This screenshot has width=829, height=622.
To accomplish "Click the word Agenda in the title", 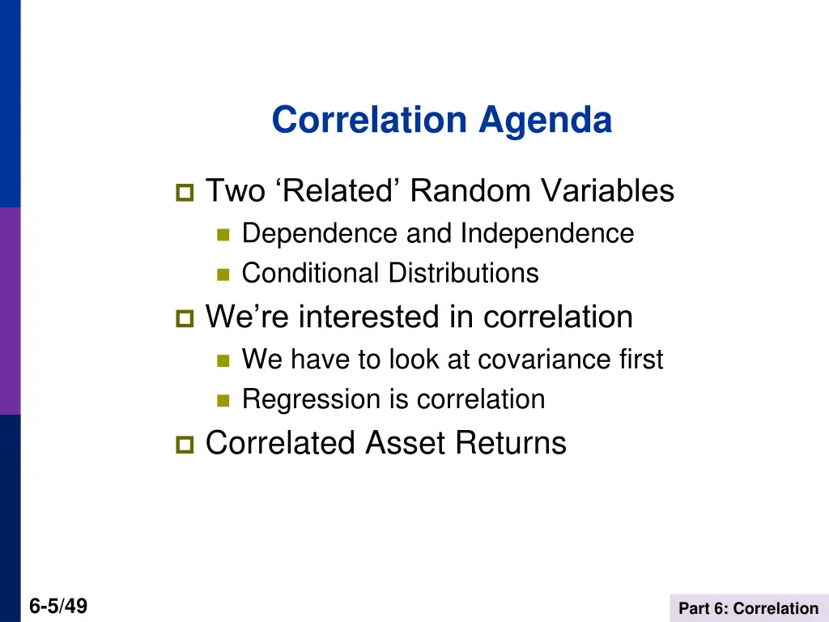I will tap(545, 121).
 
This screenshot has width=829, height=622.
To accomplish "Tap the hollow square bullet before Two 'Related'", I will tap(184, 194).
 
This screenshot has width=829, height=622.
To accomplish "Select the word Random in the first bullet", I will tap(470, 192).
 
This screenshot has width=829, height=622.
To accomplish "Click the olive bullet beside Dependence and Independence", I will tap(223, 235).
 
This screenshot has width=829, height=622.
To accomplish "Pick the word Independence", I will tap(547, 234).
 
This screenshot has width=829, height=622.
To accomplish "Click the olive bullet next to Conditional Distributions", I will tap(223, 275).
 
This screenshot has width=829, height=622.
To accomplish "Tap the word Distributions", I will tap(463, 274).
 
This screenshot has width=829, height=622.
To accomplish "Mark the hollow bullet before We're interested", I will tap(184, 319).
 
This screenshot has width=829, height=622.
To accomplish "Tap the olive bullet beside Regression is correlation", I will tap(223, 401).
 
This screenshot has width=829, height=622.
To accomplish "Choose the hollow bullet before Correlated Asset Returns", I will tap(184, 445).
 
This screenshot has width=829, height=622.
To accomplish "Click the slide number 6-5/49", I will tap(58, 607).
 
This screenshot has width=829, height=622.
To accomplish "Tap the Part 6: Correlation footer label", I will tap(748, 608).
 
